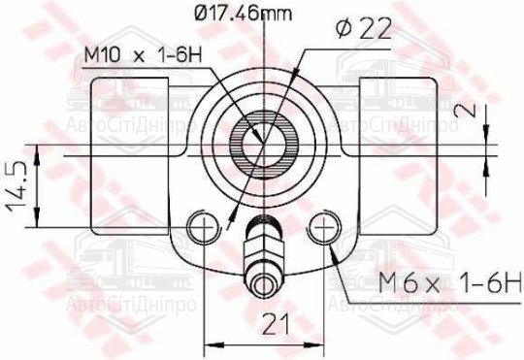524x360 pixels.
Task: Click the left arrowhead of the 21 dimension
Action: coord(207,344)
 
